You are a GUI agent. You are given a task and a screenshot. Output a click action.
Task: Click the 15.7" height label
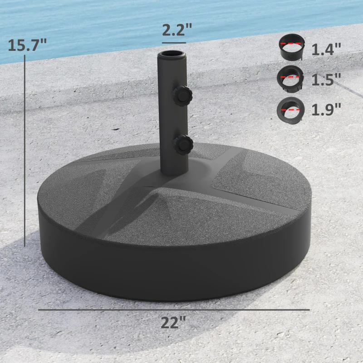pos(27,45)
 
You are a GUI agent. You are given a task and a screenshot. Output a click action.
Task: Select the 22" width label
pos(173,324)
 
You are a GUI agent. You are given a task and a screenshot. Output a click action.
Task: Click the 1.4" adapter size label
pos(326,49)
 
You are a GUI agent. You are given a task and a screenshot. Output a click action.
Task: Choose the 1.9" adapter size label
pos(326,109)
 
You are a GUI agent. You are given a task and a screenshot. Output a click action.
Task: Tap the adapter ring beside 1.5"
pos(291,78)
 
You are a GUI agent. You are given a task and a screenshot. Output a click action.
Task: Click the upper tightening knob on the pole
pos(182,94)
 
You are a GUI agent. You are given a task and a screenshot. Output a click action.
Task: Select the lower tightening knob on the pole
pos(183,144)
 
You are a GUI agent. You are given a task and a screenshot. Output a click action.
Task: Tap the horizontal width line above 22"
pos(173,310)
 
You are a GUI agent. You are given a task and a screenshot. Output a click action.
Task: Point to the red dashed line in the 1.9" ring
pos(291,110)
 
